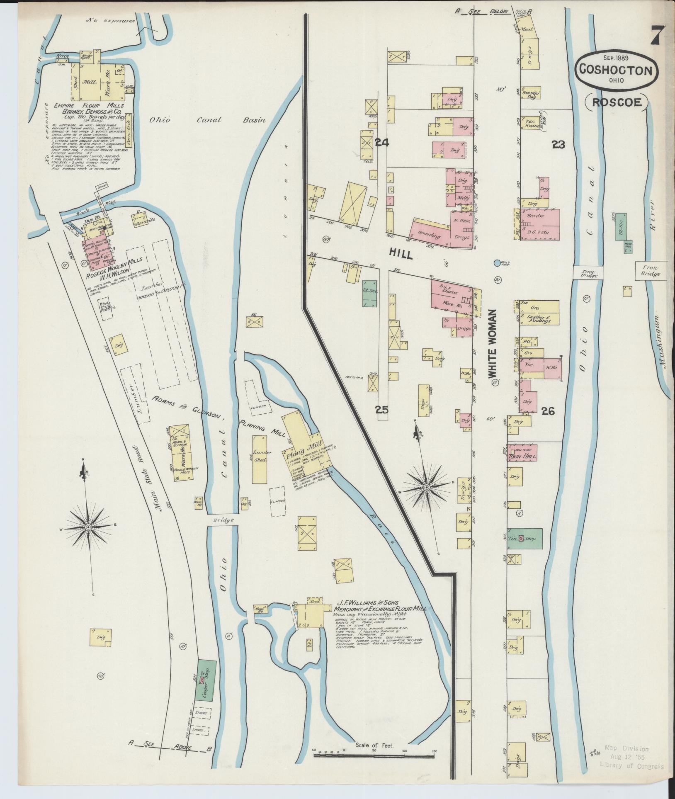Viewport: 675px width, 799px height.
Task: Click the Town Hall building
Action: [522, 456]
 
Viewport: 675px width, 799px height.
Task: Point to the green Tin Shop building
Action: [525, 539]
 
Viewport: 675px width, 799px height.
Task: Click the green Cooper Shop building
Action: [206, 686]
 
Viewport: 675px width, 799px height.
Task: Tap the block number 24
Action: [381, 143]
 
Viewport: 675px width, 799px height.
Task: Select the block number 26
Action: [547, 411]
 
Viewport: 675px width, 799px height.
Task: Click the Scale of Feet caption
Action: [375, 745]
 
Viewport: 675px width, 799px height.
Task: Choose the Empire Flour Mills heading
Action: [89, 106]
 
